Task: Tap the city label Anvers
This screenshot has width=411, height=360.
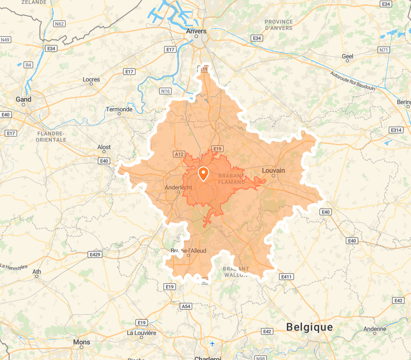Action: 196,31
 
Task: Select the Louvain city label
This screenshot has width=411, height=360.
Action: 274,170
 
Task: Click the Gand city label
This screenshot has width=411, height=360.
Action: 24,100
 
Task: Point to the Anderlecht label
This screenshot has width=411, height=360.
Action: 178,187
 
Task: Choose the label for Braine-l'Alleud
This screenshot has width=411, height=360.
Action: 188,250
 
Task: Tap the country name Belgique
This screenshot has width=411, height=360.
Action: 309,327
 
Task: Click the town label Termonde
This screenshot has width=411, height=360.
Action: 119,110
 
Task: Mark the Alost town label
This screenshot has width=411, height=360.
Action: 104,148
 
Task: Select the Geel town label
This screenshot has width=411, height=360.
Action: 348,56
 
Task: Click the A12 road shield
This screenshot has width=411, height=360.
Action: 179,154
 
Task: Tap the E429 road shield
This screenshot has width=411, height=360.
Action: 95,255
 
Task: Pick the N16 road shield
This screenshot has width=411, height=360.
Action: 165,91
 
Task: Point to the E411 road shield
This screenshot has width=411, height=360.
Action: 286,277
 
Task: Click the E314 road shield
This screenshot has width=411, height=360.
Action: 396,130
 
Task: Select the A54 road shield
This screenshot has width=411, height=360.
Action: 186,307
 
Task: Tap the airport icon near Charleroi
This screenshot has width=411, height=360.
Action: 212,344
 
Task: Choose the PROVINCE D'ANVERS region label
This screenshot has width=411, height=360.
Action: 279,25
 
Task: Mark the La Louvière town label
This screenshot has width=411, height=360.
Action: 142,333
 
